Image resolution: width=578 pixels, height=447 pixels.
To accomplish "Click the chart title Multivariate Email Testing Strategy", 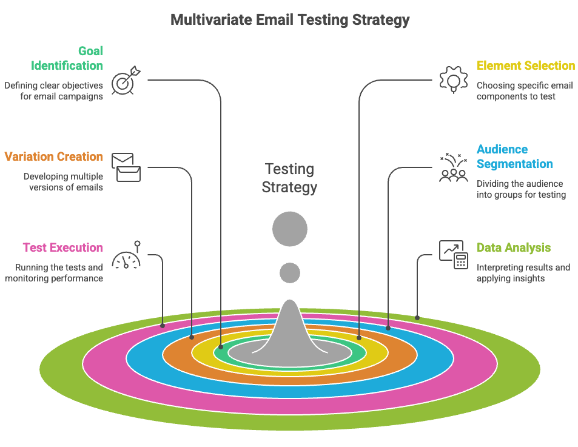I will point(290,20).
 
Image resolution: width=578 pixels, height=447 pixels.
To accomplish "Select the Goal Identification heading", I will point(67,58).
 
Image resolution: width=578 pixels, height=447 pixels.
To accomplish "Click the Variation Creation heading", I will point(53,156).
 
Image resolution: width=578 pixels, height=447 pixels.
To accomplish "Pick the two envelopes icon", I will point(126,167).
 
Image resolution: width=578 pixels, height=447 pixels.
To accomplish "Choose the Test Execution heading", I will point(62,247).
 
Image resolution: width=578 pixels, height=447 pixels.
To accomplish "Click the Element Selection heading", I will point(526,66).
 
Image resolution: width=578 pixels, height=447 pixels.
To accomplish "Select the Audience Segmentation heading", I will point(514,156).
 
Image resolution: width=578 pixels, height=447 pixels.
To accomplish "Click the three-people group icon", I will point(453,170).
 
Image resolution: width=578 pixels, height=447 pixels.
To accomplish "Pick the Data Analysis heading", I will point(514,247).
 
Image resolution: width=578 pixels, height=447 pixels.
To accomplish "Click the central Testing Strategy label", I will point(289,178).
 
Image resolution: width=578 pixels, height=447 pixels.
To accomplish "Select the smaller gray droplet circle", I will point(290,273).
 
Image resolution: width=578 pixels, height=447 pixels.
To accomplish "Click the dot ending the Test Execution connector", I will point(163,325).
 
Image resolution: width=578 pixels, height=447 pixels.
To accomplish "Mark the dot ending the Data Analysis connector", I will point(417,317).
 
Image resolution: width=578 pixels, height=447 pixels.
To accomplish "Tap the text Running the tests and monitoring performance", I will point(54,273).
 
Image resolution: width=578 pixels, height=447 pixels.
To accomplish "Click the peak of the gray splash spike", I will point(290,303).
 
